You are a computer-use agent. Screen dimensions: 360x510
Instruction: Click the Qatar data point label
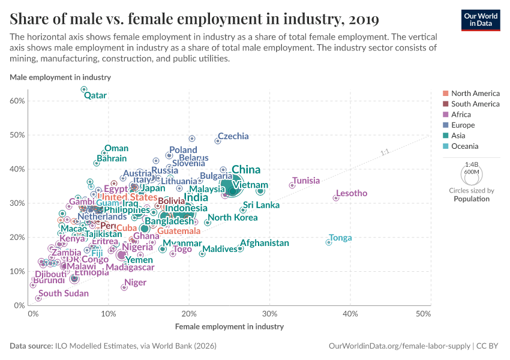(95, 95)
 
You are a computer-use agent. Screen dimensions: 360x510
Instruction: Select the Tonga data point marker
(328, 242)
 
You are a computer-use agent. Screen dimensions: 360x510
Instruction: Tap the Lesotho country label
(352, 193)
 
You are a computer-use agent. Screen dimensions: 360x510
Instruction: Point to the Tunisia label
(305, 181)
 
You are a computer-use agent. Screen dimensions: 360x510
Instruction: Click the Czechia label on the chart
(233, 136)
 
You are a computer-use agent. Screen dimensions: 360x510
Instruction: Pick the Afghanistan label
(265, 243)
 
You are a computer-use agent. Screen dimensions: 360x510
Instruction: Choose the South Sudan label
(64, 293)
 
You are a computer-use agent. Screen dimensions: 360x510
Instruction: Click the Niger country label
(135, 283)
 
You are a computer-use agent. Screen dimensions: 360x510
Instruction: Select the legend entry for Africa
(461, 115)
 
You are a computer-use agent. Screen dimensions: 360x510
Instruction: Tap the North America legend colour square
(445, 94)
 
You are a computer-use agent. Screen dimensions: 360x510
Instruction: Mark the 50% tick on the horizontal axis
(423, 314)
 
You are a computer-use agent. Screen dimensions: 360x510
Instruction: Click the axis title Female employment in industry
(229, 327)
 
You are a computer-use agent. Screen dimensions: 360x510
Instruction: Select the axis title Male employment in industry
(60, 77)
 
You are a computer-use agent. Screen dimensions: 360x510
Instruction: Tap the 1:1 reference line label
(385, 152)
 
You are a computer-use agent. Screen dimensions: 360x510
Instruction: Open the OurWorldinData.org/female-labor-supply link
(399, 346)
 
